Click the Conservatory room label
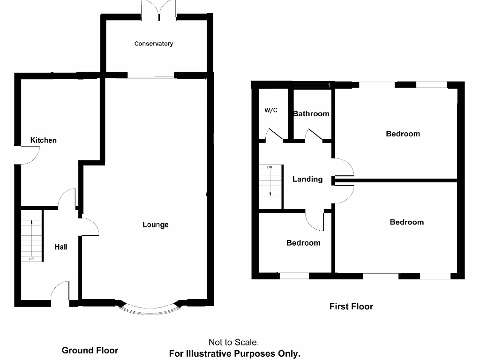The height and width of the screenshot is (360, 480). click(154, 44)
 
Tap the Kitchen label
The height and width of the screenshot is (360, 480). click(44, 140)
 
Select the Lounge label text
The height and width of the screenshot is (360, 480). click(156, 225)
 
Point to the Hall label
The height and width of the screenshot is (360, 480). click(61, 247)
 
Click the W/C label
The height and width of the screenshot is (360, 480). click(271, 111)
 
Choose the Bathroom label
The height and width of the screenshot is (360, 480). click(311, 113)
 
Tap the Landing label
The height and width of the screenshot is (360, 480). click(307, 179)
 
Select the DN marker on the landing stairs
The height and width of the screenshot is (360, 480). click(270, 167)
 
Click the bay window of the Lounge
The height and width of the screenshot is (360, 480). click(149, 308)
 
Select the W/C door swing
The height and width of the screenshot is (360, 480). click(274, 135)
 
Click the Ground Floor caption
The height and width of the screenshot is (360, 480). click(90, 350)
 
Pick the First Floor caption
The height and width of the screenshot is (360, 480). click(351, 307)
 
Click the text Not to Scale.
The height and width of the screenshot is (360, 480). click(233, 343)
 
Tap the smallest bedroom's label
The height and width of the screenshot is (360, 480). click(303, 243)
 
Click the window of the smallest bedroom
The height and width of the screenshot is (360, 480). click(294, 276)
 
